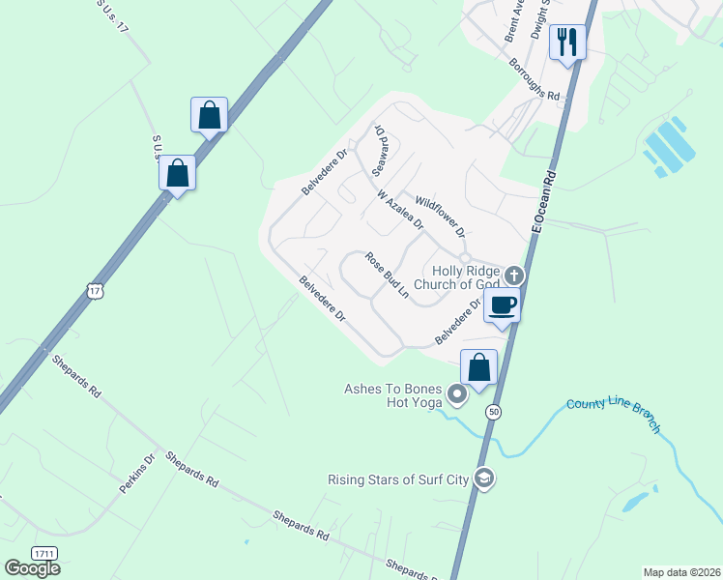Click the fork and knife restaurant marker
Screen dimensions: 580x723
pyautogui.click(x=567, y=43)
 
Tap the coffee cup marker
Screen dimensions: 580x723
pyautogui.click(x=502, y=306)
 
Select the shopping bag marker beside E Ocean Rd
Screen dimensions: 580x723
pyautogui.click(x=478, y=368)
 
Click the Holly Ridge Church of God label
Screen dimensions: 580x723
pyautogui.click(x=457, y=278)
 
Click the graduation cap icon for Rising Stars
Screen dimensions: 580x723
pyautogui.click(x=485, y=478)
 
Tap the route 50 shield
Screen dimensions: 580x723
pyautogui.click(x=494, y=412)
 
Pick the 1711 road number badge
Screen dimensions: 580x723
pyautogui.click(x=43, y=552)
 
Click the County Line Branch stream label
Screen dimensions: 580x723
pyautogui.click(x=614, y=415)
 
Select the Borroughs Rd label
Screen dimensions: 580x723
pyautogui.click(x=535, y=80)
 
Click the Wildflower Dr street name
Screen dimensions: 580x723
pyautogui.click(x=440, y=218)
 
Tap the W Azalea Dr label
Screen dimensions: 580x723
pyautogui.click(x=400, y=210)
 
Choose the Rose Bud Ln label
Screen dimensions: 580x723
pyautogui.click(x=386, y=275)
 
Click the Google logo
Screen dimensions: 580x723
pyautogui.click(x=32, y=568)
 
